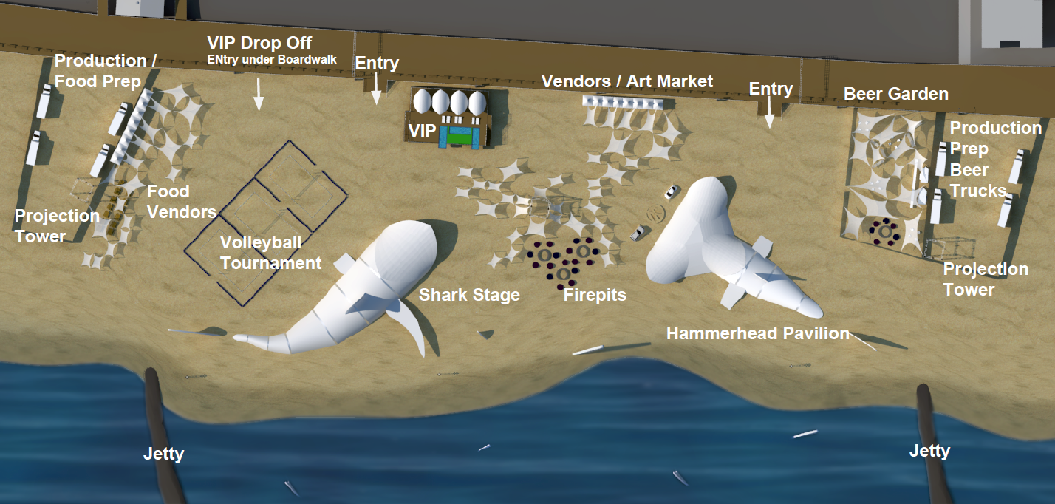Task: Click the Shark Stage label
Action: click(469, 295)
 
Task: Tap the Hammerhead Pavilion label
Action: click(758, 333)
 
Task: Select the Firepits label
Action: click(595, 296)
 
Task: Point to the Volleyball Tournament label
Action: click(271, 253)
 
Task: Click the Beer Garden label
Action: click(896, 94)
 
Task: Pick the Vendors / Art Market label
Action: click(627, 81)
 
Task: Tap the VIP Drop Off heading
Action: click(259, 43)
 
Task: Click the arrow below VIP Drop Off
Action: click(258, 94)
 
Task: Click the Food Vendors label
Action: click(182, 202)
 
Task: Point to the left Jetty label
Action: click(163, 454)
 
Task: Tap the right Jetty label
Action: click(929, 451)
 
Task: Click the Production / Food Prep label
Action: click(106, 71)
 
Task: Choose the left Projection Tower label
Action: click(57, 226)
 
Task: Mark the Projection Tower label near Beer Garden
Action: click(986, 279)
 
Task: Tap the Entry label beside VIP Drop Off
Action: click(377, 63)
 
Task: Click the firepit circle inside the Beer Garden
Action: click(885, 232)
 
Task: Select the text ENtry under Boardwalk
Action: click(272, 60)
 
